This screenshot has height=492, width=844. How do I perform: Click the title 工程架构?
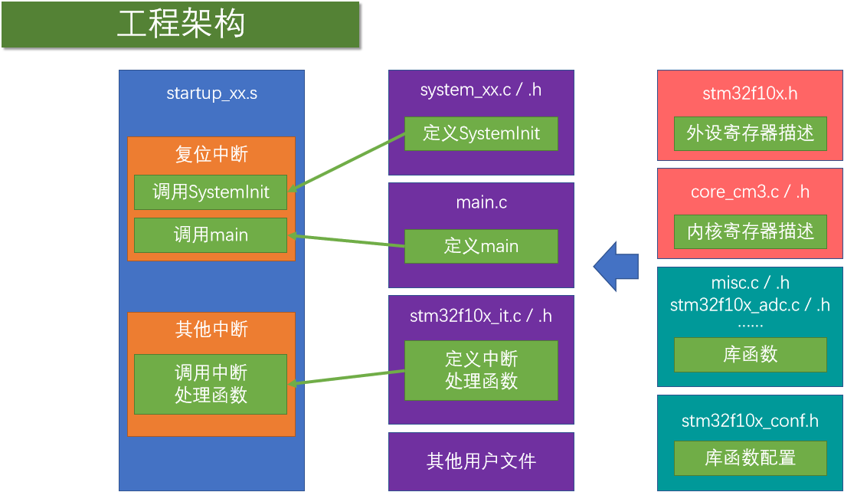pos(181,25)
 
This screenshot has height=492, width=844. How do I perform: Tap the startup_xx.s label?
pos(211,93)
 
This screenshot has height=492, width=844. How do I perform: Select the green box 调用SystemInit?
pos(211,192)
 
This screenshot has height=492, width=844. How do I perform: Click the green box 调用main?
pos(211,235)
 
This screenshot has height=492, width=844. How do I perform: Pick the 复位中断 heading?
pos(211,155)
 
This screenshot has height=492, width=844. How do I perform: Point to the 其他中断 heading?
pos(211,330)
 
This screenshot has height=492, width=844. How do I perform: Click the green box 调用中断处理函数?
pos(211,384)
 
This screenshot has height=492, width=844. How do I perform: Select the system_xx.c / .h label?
pos(481,90)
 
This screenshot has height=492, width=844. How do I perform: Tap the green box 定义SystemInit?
pos(481,133)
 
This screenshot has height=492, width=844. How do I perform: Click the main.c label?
pos(481,202)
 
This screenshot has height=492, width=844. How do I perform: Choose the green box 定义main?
pos(481,247)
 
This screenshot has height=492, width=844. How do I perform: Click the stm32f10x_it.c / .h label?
pos(481,315)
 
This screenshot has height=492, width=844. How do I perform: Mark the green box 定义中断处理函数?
pos(481,370)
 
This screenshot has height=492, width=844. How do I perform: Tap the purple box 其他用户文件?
pos(481,461)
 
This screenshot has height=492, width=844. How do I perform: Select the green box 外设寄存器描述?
pos(750,133)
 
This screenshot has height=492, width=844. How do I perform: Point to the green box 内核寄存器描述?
pos(750,231)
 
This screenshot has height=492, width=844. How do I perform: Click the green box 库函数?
pos(750,355)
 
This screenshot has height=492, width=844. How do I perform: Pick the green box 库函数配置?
pos(750,458)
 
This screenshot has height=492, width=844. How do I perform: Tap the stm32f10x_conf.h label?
pos(750,421)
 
